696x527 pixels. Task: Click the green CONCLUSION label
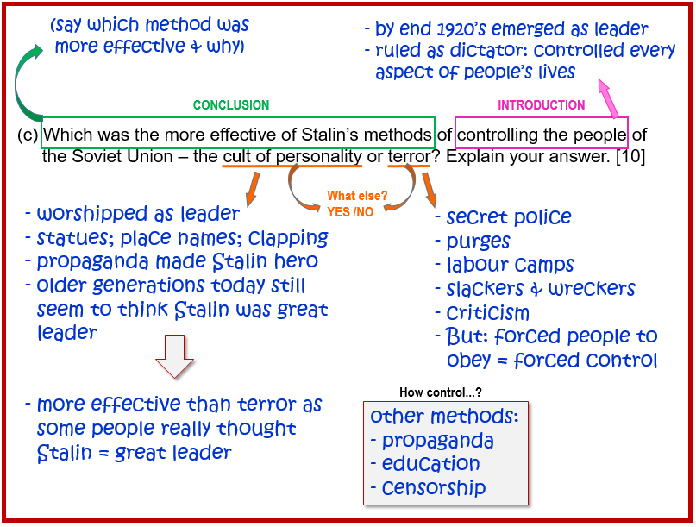point(231,104)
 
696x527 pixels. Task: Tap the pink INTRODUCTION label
point(541,104)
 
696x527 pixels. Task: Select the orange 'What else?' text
point(357,196)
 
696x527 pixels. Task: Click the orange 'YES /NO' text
point(350,212)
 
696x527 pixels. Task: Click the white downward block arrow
point(174,356)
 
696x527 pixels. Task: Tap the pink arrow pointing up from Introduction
point(609,98)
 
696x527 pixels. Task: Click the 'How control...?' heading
point(441,392)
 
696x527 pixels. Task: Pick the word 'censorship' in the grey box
point(434,487)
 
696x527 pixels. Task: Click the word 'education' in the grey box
point(430,463)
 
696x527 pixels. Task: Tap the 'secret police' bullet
point(509,216)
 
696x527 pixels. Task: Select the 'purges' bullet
point(478,242)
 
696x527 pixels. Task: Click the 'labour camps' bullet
point(510,265)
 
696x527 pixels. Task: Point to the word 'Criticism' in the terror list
point(488,313)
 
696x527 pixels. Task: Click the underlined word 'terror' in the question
point(409,156)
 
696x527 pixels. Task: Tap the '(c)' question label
point(28,135)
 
